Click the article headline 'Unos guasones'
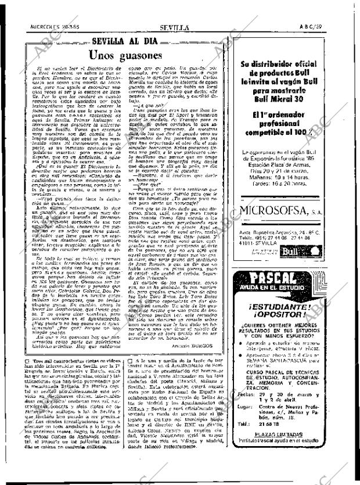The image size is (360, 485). point(125,56)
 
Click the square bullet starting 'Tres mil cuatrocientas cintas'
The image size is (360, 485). point(28,378)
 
